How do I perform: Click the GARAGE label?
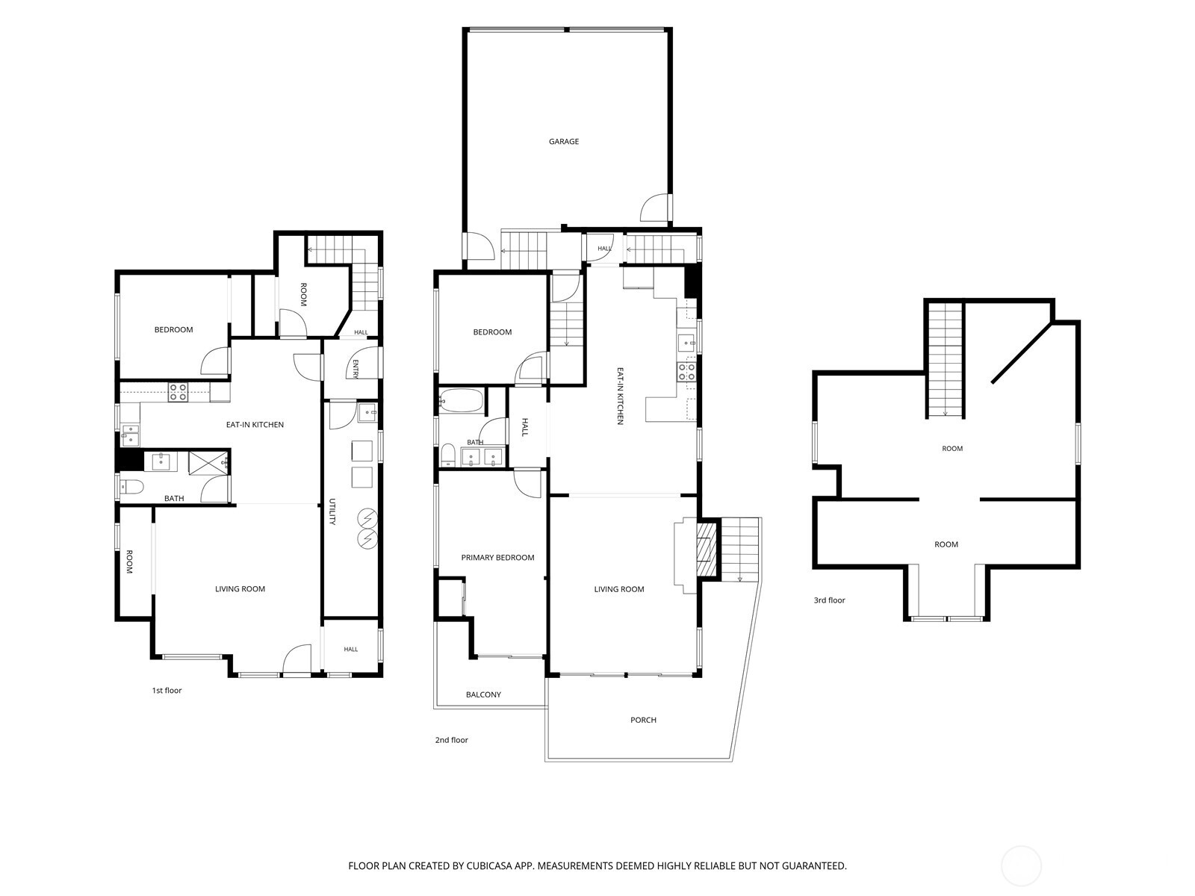(563, 141)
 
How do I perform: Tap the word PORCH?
(643, 720)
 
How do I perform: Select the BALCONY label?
(483, 694)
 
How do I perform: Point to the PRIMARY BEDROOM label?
(497, 557)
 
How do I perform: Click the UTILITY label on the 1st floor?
(332, 511)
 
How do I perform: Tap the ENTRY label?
(356, 368)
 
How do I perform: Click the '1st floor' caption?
(167, 691)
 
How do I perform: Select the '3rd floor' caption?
(829, 600)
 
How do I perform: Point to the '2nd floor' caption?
(451, 740)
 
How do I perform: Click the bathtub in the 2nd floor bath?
(461, 401)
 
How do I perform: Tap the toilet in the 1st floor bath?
(131, 486)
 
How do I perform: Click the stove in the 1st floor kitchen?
(178, 392)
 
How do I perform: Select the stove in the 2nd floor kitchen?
(686, 372)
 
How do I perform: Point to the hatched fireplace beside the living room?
(706, 550)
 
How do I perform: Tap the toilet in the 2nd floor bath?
(447, 454)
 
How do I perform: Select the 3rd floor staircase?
(945, 360)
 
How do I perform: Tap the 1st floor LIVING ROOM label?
(240, 588)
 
